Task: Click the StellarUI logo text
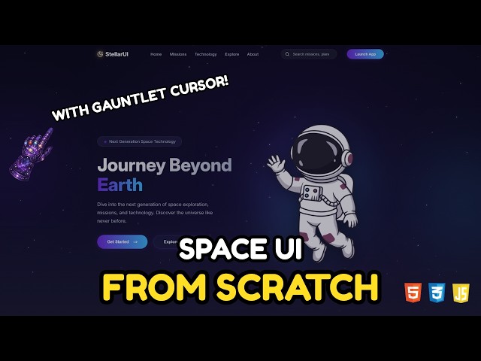pyautogui.click(x=116, y=54)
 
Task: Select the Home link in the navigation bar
pyautogui.click(x=156, y=54)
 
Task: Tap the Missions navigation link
pyautogui.click(x=178, y=54)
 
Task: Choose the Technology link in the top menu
pyautogui.click(x=205, y=54)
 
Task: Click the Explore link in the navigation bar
pyautogui.click(x=231, y=54)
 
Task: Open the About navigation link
pyautogui.click(x=253, y=54)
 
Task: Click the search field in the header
pyautogui.click(x=310, y=54)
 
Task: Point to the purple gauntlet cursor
pyautogui.click(x=31, y=154)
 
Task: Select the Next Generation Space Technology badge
pyautogui.click(x=139, y=141)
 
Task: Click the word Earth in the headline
pyautogui.click(x=119, y=184)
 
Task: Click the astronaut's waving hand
pyautogui.click(x=275, y=163)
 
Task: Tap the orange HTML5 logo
pyautogui.click(x=413, y=292)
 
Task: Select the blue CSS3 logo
pyautogui.click(x=437, y=292)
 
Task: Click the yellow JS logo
pyautogui.click(x=461, y=292)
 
